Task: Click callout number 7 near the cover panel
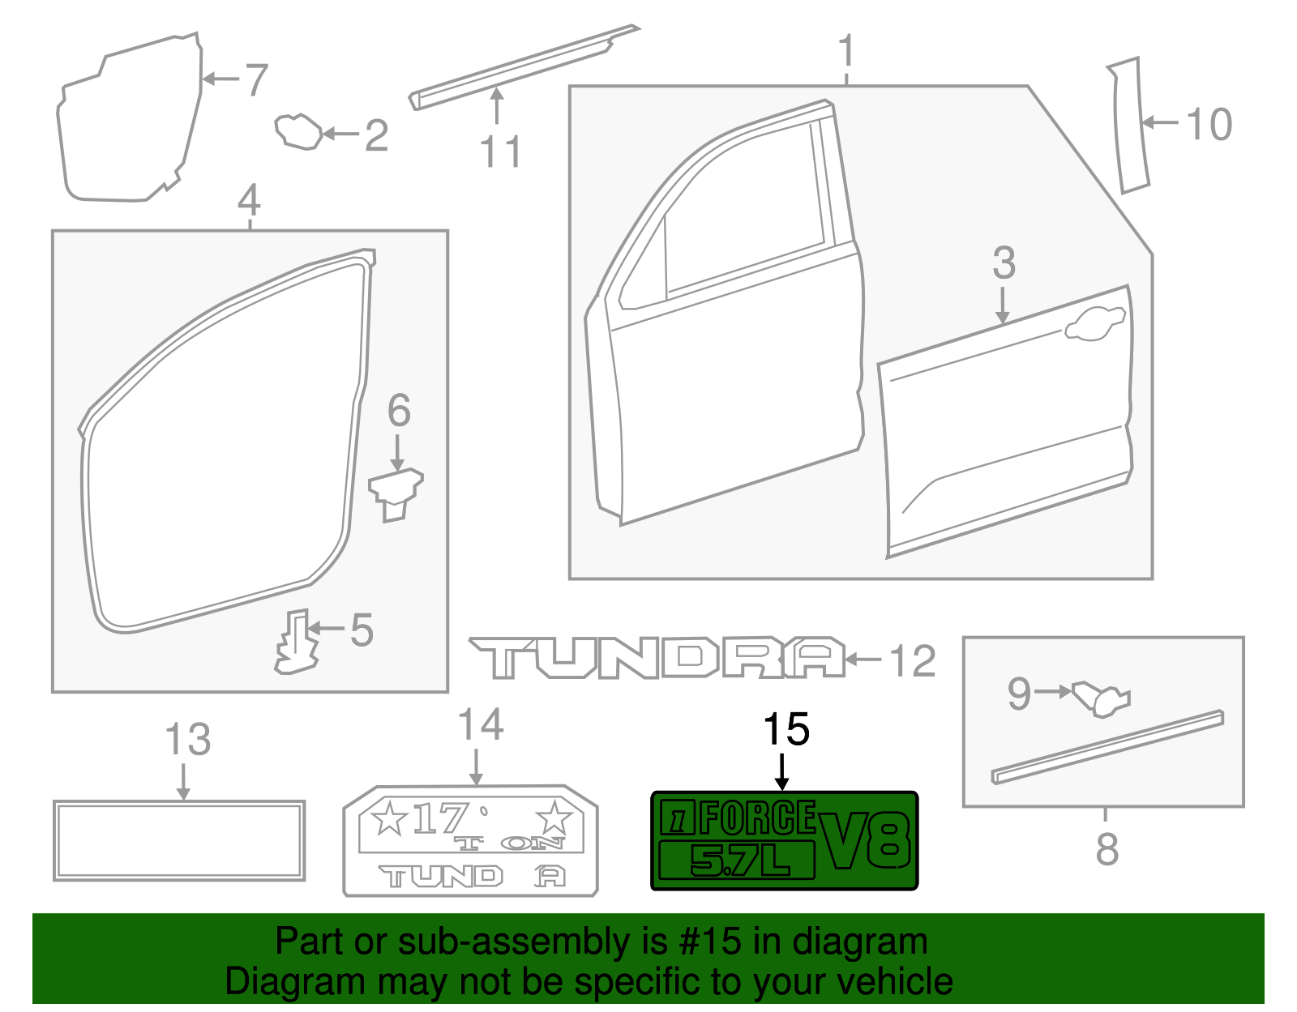click(x=256, y=79)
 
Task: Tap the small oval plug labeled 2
click(x=297, y=132)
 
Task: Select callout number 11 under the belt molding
click(x=499, y=152)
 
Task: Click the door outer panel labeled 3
click(x=1005, y=429)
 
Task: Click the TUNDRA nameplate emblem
click(x=657, y=657)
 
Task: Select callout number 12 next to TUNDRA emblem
click(x=913, y=661)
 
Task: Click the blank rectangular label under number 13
click(x=179, y=840)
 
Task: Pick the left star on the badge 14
click(x=388, y=818)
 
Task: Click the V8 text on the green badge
click(x=865, y=841)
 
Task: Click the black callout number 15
click(x=785, y=729)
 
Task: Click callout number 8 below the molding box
click(x=1107, y=849)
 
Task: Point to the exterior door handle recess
click(x=1094, y=323)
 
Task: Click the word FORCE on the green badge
click(x=757, y=818)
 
